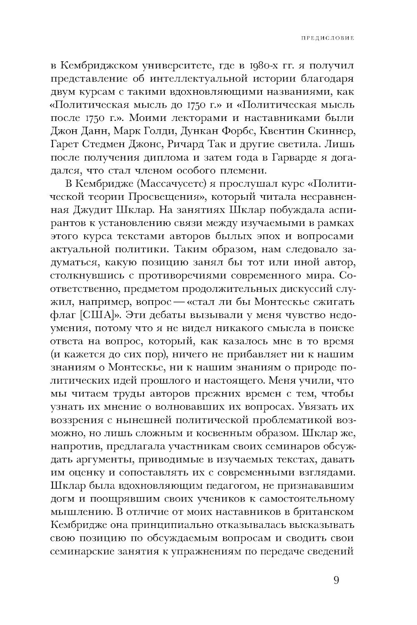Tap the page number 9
[x=337, y=580]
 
